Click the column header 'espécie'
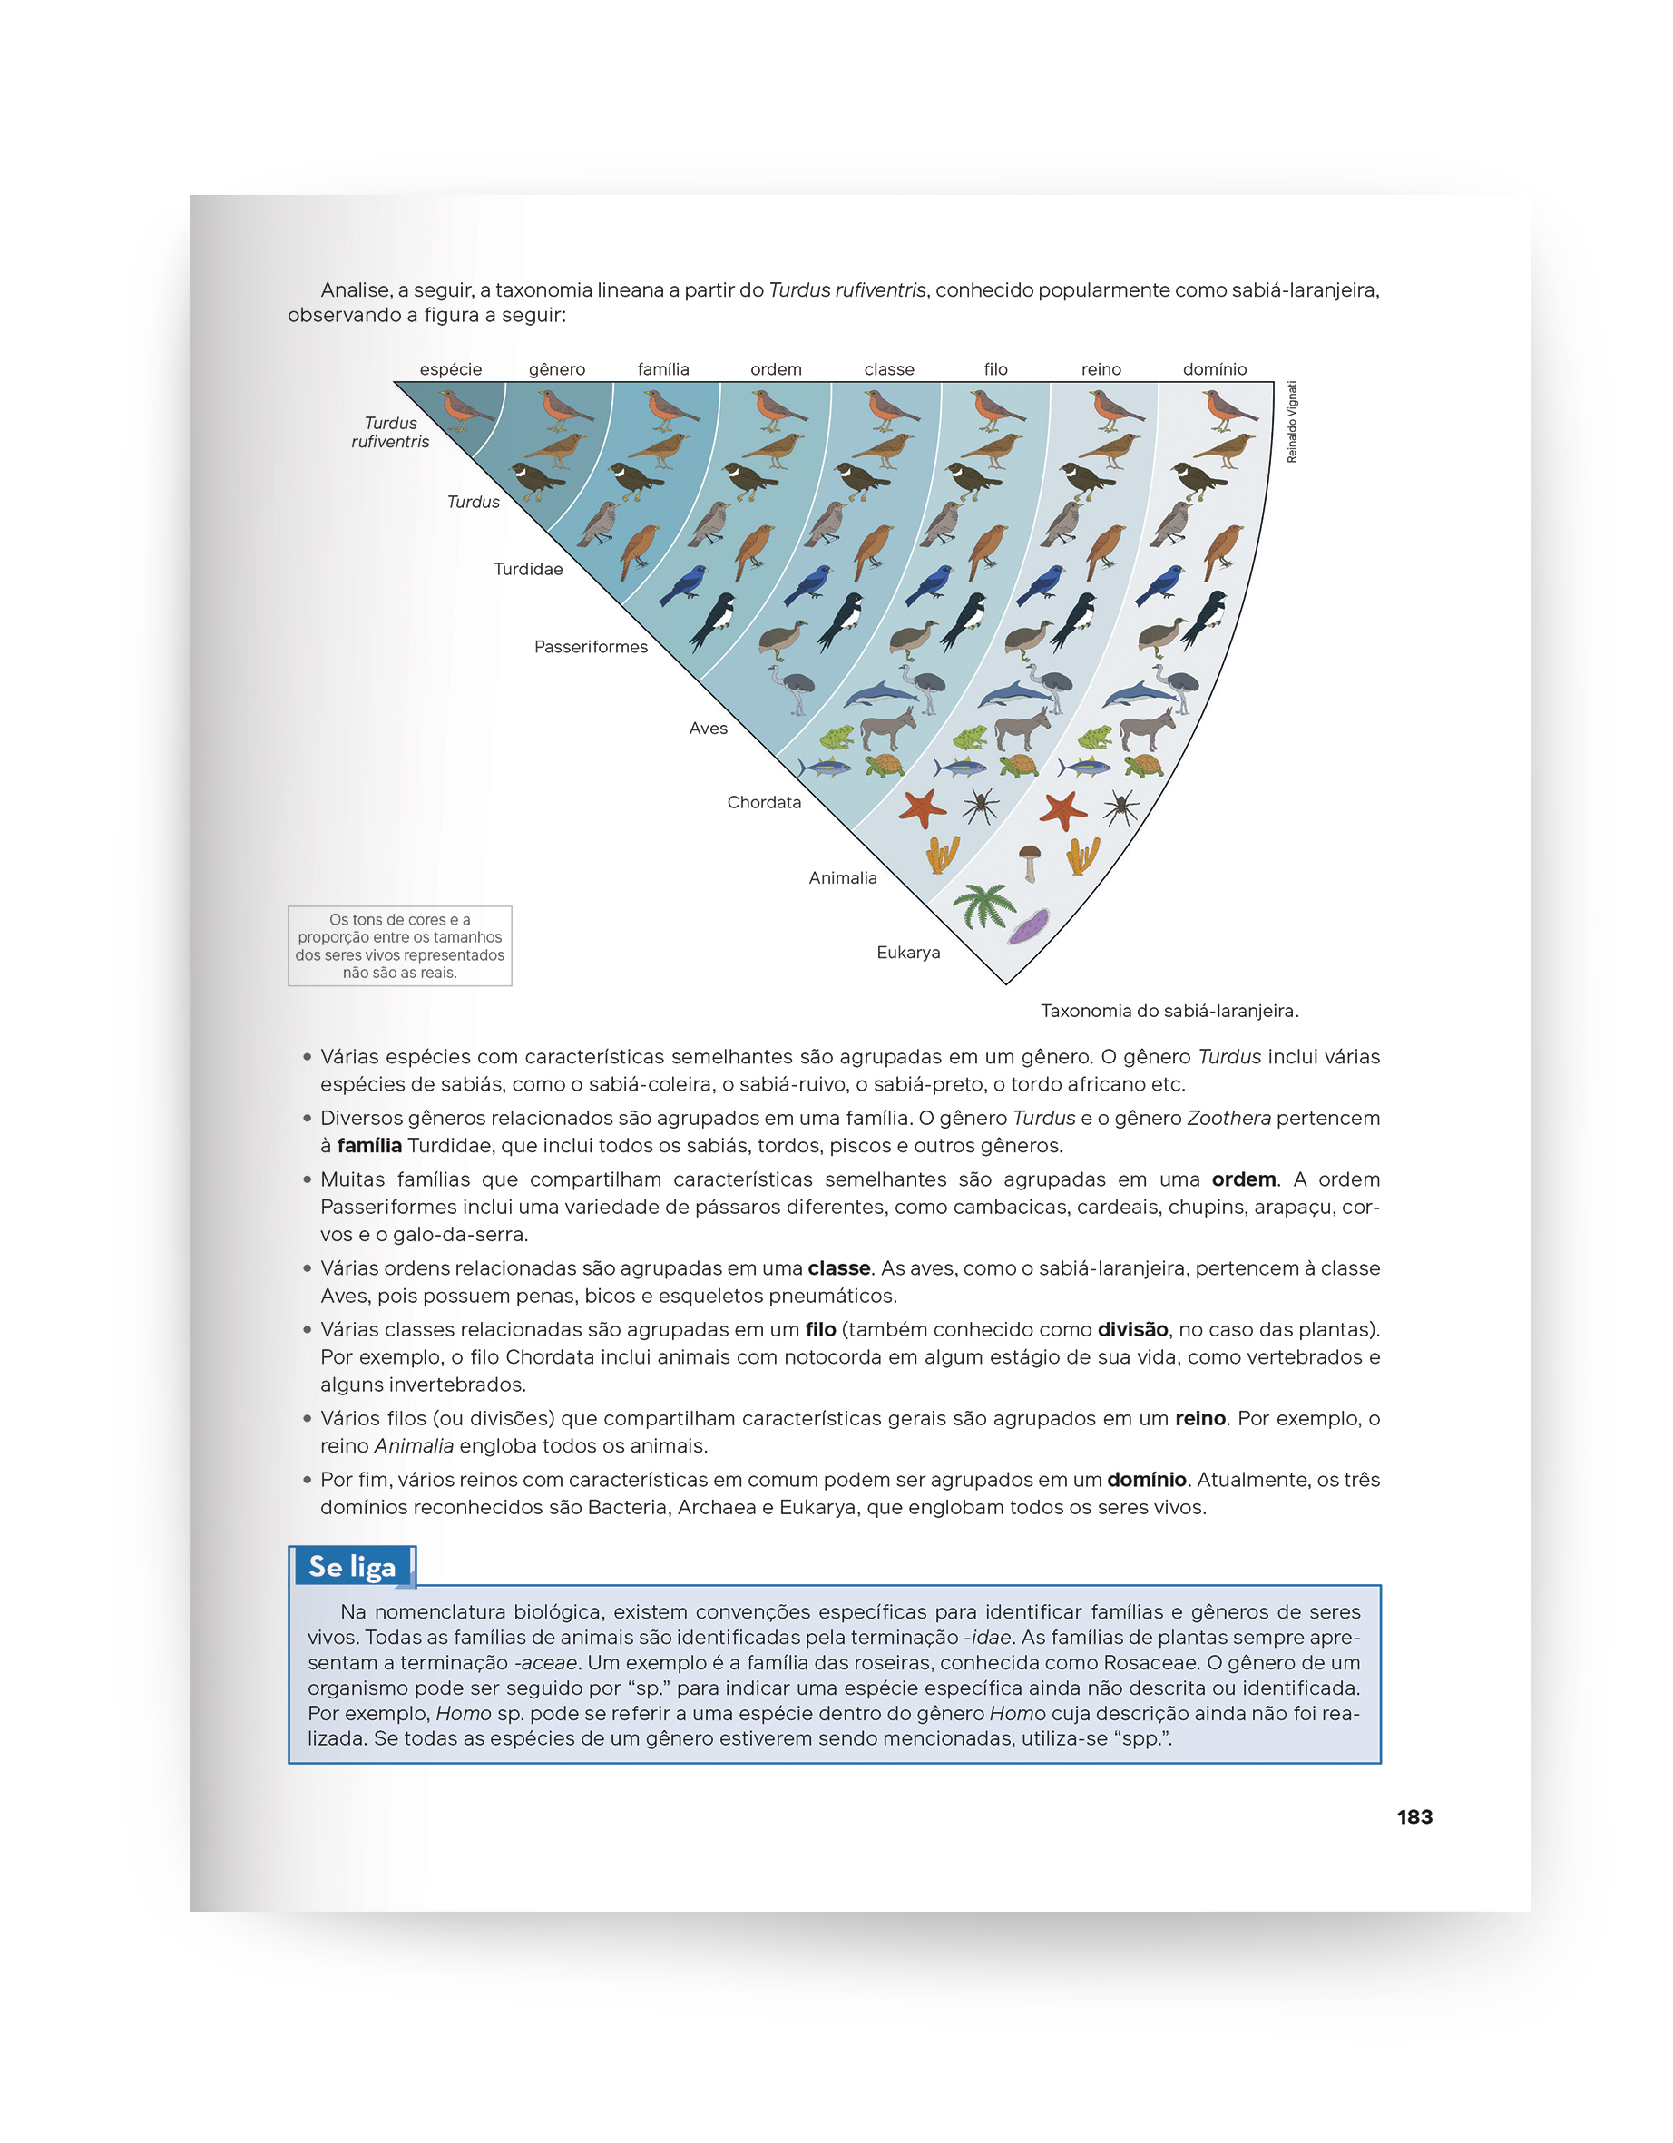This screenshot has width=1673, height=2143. click(x=450, y=369)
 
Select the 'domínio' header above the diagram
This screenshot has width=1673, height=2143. click(x=1214, y=369)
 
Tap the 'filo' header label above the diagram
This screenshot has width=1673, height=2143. click(x=995, y=369)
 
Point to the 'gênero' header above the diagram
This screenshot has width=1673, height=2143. click(x=556, y=369)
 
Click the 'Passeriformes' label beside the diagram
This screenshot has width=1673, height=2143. click(x=591, y=647)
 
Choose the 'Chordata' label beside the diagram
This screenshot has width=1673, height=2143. click(x=763, y=802)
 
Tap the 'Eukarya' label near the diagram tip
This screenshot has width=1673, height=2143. click(x=907, y=952)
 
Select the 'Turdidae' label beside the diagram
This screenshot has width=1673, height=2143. click(x=528, y=569)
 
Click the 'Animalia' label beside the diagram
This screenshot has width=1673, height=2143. click(x=842, y=877)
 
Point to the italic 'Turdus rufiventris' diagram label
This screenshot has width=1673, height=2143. click(x=390, y=432)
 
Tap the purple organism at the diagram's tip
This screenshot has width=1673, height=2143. click(x=1027, y=925)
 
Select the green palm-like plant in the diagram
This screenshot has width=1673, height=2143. click(x=983, y=904)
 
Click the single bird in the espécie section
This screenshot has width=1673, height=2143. click(x=465, y=408)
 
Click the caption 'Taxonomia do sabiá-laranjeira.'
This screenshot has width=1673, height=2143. click(x=1169, y=1011)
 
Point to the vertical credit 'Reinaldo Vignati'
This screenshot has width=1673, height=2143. click(x=1291, y=422)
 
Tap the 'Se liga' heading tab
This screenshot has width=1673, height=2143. click(x=352, y=1566)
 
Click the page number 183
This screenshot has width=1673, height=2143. click(x=1414, y=1816)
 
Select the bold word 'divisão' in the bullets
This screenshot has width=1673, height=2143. click(x=1132, y=1328)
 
